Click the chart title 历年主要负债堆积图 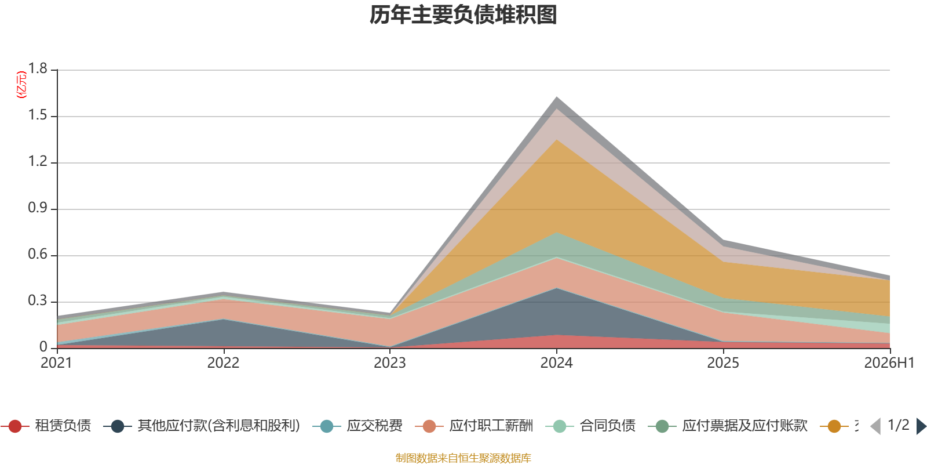(463, 15)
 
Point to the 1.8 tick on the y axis (38, 68)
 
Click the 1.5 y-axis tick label (38, 115)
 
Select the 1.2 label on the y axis (38, 161)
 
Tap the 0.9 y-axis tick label (38, 208)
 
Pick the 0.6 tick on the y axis (38, 254)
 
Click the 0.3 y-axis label (38, 300)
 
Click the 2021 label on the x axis (56, 363)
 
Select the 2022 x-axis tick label (224, 363)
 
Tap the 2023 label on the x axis (390, 363)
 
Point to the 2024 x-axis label (557, 363)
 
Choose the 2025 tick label (723, 363)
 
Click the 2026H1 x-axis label (889, 363)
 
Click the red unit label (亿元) (21, 85)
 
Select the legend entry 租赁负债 (46, 426)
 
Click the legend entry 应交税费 (357, 426)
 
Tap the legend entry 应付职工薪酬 (475, 426)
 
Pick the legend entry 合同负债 (590, 426)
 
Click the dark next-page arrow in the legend (921, 426)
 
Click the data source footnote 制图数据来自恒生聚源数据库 (463, 458)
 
